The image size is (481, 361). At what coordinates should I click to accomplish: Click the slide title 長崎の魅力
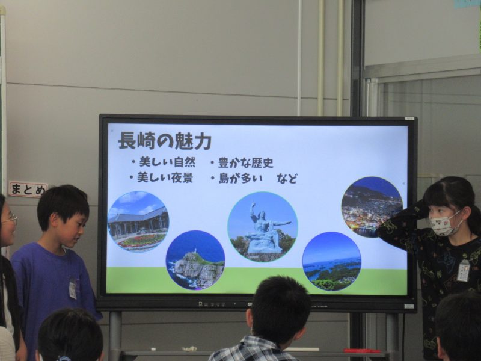pos(165,141)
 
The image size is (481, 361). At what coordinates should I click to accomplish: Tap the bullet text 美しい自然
pos(167,162)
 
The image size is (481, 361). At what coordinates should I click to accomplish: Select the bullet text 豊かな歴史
pos(245,162)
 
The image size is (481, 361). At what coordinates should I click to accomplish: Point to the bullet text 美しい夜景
pos(165,177)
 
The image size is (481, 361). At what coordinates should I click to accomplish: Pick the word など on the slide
pos(287,178)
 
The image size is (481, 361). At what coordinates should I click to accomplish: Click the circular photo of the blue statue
pos(263,227)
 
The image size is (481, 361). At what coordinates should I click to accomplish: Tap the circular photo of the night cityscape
pos(372,207)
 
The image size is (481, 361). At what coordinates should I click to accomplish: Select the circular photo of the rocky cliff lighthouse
pos(195,260)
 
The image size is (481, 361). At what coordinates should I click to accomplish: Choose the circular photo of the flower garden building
pos(138,221)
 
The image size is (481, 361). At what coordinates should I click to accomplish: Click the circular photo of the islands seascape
pos(332,261)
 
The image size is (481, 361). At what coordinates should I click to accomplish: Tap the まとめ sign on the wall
pos(28,189)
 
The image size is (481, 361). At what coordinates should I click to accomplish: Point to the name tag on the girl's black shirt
pos(463,270)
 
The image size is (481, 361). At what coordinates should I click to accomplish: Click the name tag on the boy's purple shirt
pos(73,288)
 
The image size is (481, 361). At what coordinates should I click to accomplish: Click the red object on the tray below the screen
pos(362,351)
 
